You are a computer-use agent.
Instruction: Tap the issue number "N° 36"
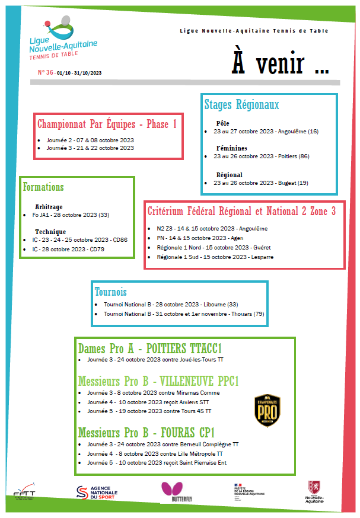point(46,72)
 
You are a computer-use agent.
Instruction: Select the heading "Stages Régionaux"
point(241,105)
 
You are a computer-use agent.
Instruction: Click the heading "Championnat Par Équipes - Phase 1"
point(107,124)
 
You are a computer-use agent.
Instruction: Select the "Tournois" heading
point(111,292)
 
